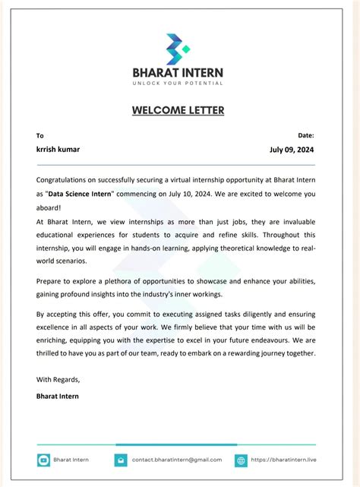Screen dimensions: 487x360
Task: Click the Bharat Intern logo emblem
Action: pyautogui.click(x=178, y=49)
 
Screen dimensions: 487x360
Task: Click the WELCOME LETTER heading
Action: pyautogui.click(x=178, y=110)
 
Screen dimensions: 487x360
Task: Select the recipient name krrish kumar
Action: pyautogui.click(x=58, y=149)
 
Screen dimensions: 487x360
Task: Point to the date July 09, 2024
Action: pyautogui.click(x=292, y=150)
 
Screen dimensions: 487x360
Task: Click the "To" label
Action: pyautogui.click(x=40, y=135)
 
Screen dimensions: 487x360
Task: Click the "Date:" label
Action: pyautogui.click(x=306, y=134)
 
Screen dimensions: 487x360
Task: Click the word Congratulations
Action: pyautogui.click(x=67, y=180)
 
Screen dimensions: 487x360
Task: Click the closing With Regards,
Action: pyautogui.click(x=58, y=378)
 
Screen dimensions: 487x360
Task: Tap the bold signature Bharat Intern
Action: pyautogui.click(x=58, y=396)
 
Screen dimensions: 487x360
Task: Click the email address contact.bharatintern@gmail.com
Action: pyautogui.click(x=176, y=460)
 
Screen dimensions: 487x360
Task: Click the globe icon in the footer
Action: pyautogui.click(x=241, y=460)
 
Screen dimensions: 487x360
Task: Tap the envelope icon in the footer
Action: pyautogui.click(x=121, y=460)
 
